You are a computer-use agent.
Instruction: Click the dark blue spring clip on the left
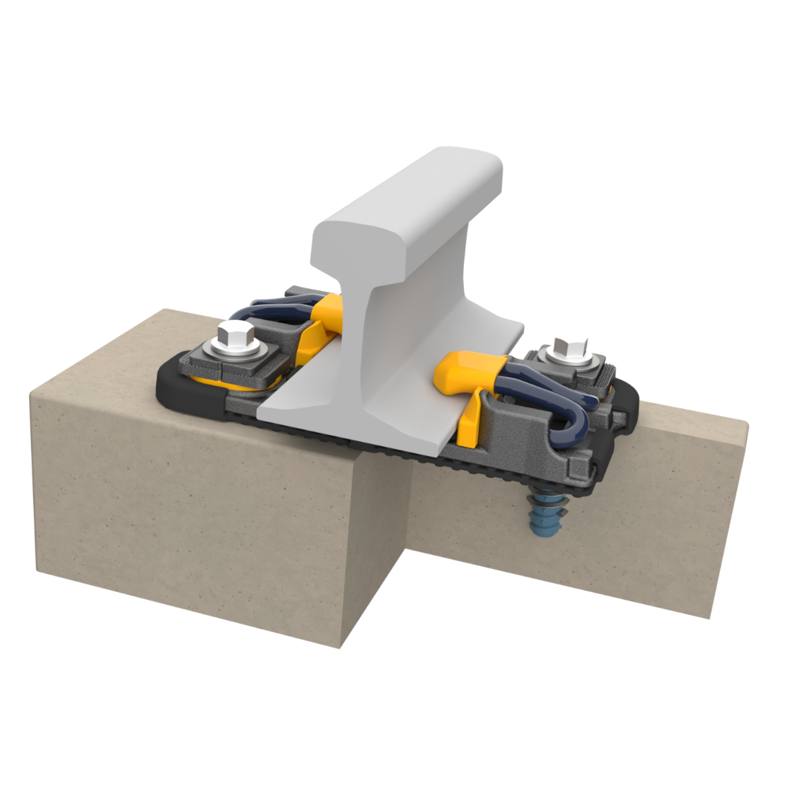point(271,308)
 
